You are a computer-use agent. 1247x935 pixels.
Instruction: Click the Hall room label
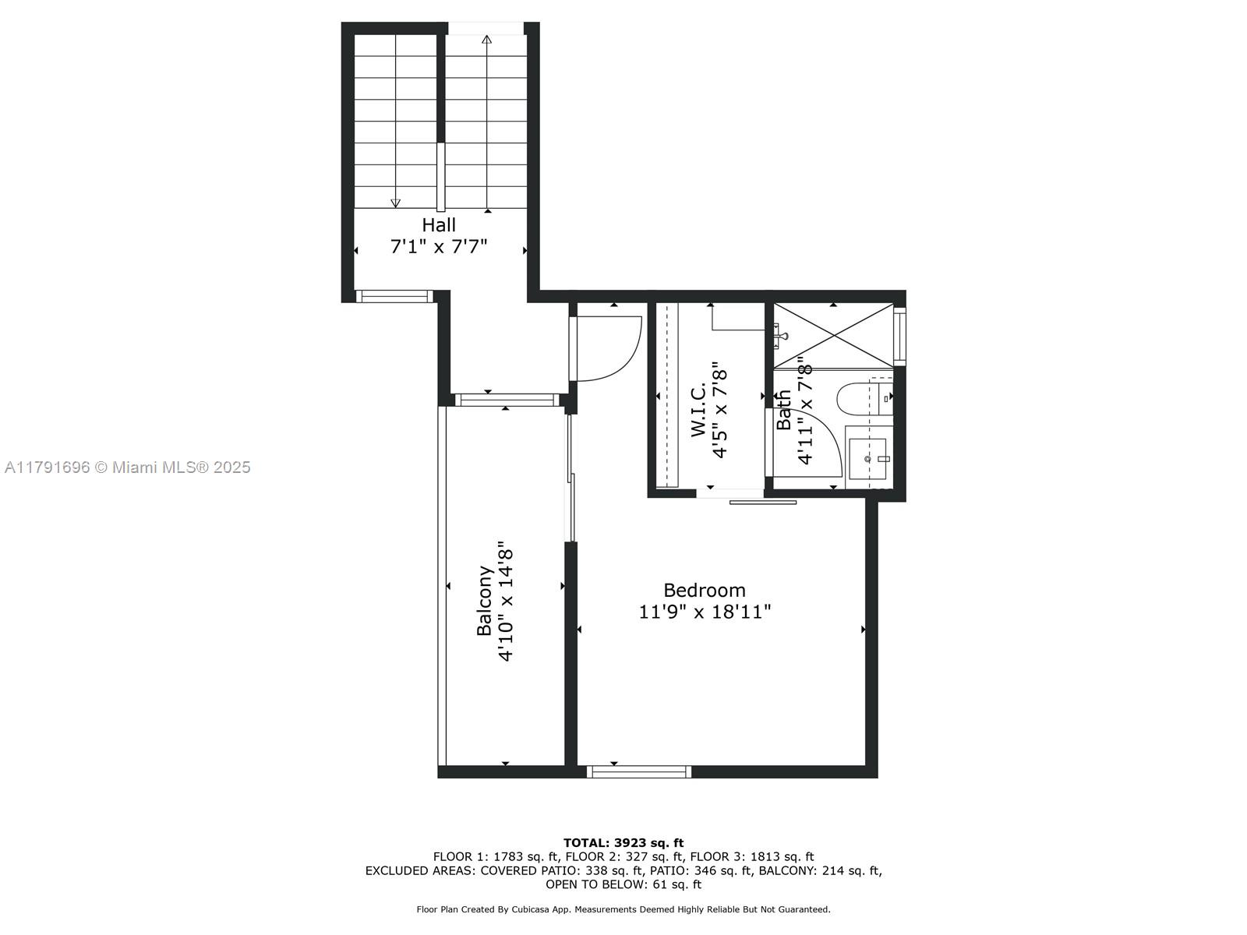coord(439,225)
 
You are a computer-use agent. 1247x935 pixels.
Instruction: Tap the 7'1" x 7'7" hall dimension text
coord(439,247)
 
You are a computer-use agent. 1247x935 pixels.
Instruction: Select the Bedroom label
coord(705,591)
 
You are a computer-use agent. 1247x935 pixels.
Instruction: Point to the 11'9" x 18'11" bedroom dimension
coord(705,612)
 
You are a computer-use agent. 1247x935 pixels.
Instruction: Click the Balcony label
coord(484,601)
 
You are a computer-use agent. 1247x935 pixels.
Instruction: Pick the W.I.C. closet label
coord(698,410)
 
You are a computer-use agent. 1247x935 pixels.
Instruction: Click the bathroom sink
coord(867,458)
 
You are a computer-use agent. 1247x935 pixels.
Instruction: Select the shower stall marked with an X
coord(833,335)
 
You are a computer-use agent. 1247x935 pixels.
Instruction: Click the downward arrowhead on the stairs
coord(396,203)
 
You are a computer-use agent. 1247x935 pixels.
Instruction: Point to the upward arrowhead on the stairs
coord(487,39)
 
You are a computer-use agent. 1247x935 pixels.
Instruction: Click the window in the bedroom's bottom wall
coord(639,771)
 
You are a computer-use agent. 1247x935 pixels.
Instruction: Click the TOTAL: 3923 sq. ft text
coord(623,843)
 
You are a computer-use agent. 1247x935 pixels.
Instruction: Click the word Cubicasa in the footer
coord(529,909)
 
